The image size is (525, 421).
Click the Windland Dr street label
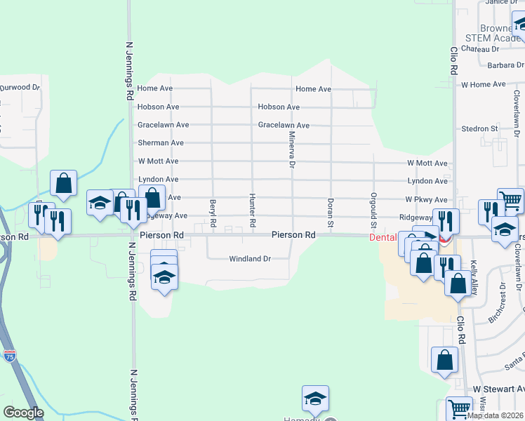250,259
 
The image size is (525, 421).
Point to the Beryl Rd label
212,213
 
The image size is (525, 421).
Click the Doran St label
330,212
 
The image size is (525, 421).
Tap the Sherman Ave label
161,143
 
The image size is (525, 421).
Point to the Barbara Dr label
487,66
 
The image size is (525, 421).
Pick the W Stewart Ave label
498,389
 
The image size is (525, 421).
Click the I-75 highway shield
9,358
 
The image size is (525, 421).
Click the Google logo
23,413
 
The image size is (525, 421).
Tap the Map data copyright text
495,415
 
